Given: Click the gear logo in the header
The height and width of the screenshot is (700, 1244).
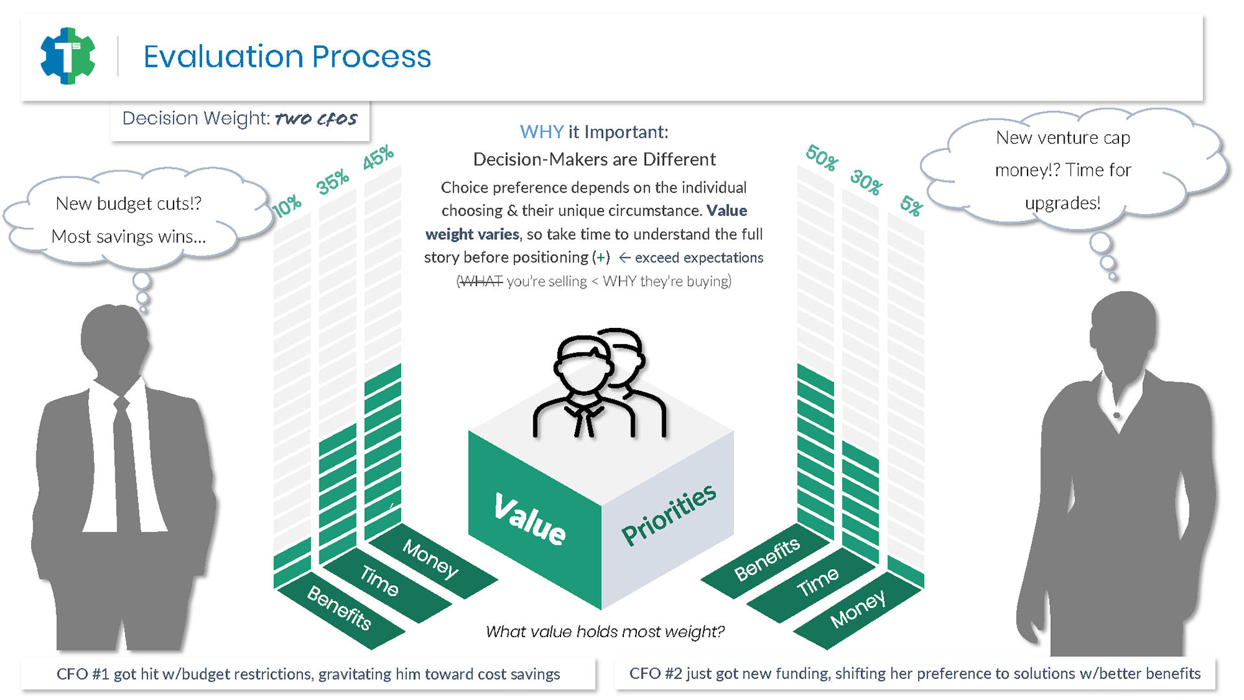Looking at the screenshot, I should (x=68, y=56).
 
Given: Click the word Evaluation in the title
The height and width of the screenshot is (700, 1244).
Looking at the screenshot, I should (x=223, y=56).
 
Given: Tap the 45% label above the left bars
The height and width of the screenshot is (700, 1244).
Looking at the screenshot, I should (x=378, y=157).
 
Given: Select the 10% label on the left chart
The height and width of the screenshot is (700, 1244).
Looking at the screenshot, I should (x=286, y=206).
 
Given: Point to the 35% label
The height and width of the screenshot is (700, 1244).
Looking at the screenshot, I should (x=332, y=182).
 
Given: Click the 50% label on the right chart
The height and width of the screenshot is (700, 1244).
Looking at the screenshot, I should (x=822, y=157).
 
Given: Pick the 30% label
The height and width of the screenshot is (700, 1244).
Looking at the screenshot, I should (x=866, y=182).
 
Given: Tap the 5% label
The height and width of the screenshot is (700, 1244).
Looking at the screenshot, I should (x=911, y=206).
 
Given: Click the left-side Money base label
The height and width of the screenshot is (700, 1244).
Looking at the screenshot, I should (x=431, y=558).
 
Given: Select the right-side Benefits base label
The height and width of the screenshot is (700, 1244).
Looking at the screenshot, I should (x=767, y=559).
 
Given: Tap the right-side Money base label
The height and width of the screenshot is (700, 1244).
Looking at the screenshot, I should (x=858, y=609).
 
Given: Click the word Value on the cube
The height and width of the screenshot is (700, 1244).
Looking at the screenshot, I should (x=530, y=518).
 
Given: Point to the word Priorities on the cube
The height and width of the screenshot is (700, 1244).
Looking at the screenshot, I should (x=669, y=515).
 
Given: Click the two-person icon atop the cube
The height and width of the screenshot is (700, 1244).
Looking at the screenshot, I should (x=599, y=382).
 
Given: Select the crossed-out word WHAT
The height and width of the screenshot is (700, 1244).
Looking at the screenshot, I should (x=480, y=281).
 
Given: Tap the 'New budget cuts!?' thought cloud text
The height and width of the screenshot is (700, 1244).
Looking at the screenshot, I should (x=128, y=204).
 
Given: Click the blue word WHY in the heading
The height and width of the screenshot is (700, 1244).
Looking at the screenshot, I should (x=542, y=132).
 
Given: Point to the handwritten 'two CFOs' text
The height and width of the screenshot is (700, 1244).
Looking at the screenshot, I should (x=316, y=119).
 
